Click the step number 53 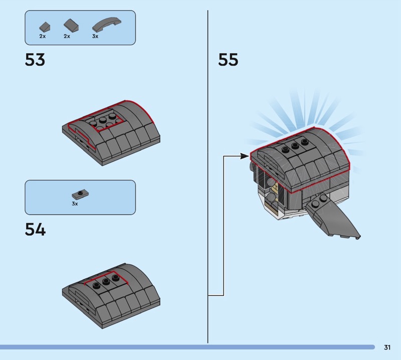pyautogui.click(x=35, y=60)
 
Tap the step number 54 pyautogui.click(x=35, y=229)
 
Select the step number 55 pyautogui.click(x=228, y=60)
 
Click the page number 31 pyautogui.click(x=387, y=347)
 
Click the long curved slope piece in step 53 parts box pyautogui.click(x=107, y=24)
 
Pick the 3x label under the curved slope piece pyautogui.click(x=95, y=36)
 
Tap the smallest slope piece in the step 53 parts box pyautogui.click(x=45, y=27)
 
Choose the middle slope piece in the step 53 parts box pyautogui.click(x=71, y=26)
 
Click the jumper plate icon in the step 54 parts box pyautogui.click(x=80, y=195)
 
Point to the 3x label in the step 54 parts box pyautogui.click(x=75, y=204)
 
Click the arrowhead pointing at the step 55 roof pyautogui.click(x=245, y=156)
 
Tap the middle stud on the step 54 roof pyautogui.click(x=106, y=282)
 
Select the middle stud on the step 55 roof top pyautogui.click(x=295, y=146)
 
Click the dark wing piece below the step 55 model pyautogui.click(x=333, y=216)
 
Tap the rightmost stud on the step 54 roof pyautogui.click(x=115, y=278)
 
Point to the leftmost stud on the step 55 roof pyautogui.click(x=286, y=150)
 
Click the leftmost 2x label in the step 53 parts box pyautogui.click(x=43, y=36)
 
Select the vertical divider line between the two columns pyautogui.click(x=208, y=176)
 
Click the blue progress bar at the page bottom pyautogui.click(x=187, y=347)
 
